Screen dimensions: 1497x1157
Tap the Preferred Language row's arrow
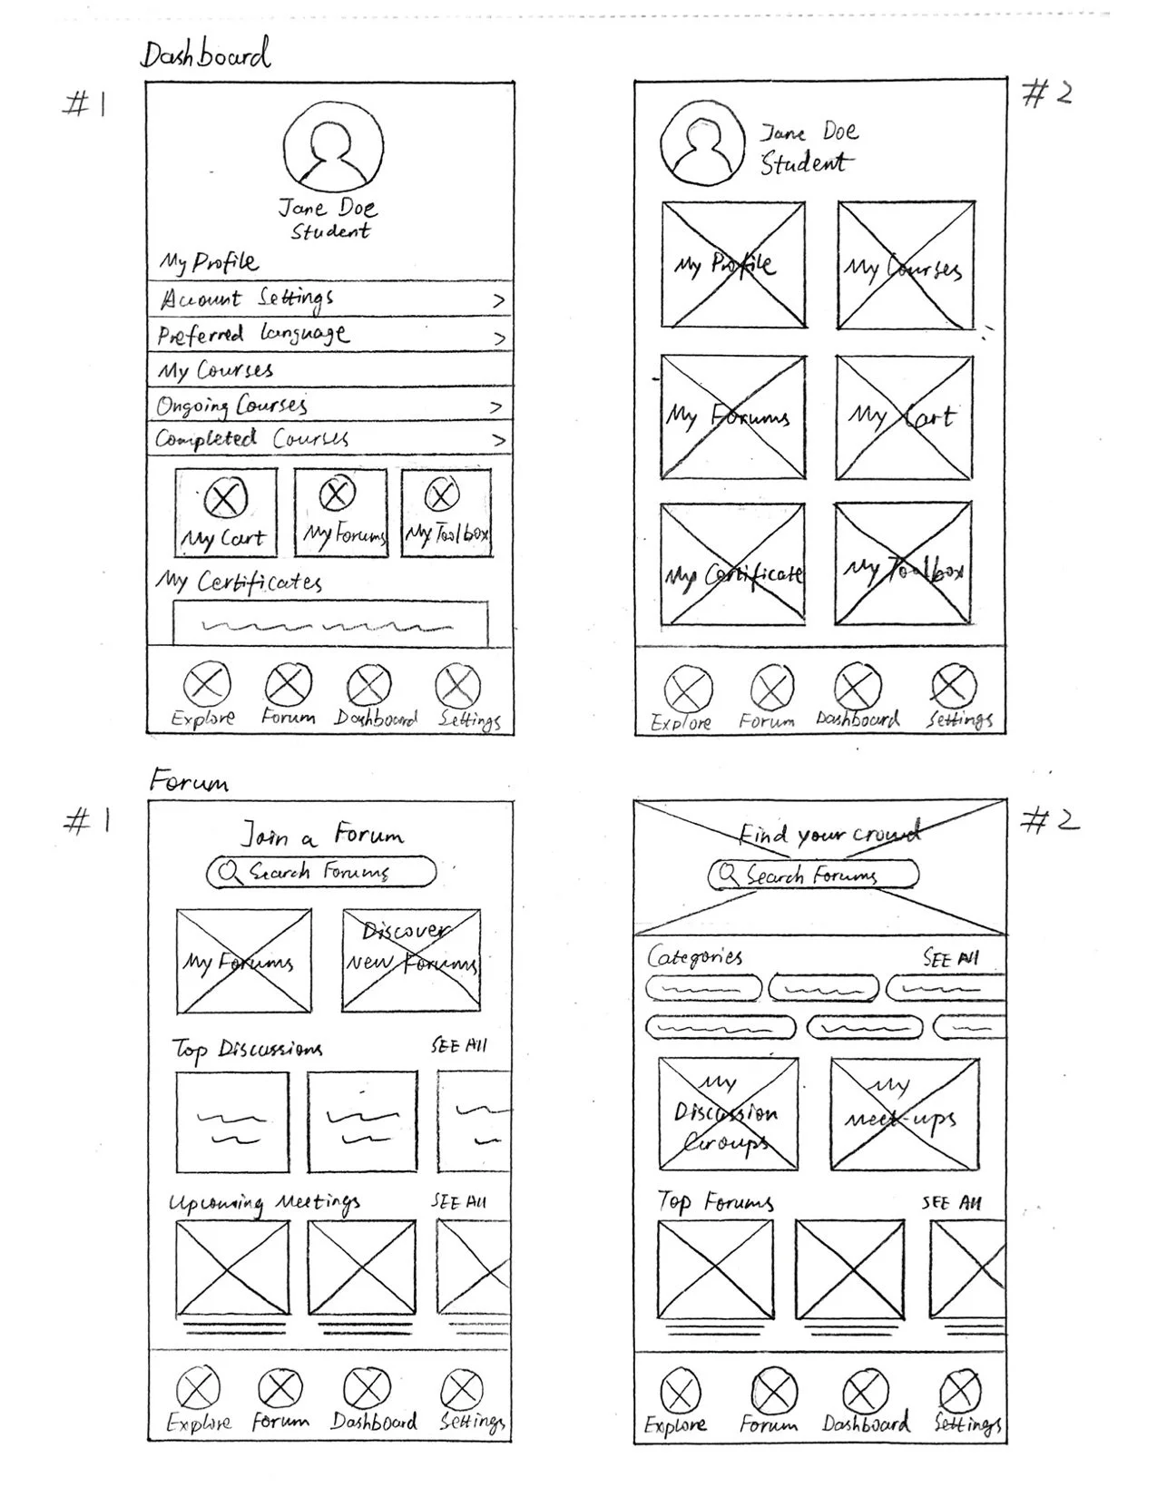click(498, 338)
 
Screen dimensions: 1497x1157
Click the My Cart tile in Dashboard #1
click(225, 513)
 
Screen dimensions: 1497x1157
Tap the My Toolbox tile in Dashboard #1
click(446, 513)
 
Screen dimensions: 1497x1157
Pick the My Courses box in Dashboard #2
click(905, 266)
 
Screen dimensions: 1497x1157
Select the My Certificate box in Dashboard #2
click(733, 564)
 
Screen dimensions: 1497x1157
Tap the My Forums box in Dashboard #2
click(733, 417)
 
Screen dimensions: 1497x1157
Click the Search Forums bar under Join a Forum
click(321, 872)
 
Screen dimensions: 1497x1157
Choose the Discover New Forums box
click(411, 960)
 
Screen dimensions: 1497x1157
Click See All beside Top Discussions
click(459, 1046)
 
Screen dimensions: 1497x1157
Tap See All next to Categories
click(951, 959)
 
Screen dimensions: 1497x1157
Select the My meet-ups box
click(905, 1115)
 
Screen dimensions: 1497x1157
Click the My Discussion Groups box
click(728, 1113)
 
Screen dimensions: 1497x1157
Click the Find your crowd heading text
click(828, 834)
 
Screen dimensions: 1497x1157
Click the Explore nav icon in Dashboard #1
click(206, 685)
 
